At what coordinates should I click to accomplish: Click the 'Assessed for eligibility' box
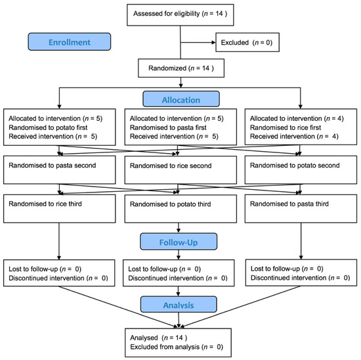coord(180,14)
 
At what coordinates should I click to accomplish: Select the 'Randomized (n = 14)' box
coord(180,66)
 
